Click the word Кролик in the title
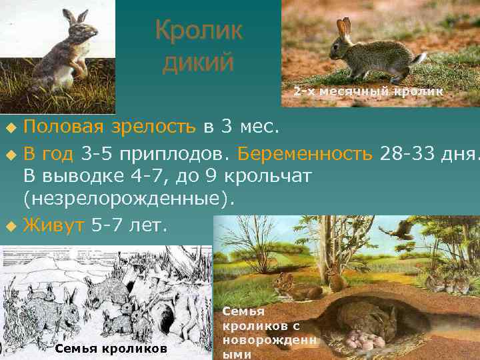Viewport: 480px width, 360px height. coord(199,31)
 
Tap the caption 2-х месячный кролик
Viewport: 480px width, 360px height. coord(368,91)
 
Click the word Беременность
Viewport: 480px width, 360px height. coord(307,155)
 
